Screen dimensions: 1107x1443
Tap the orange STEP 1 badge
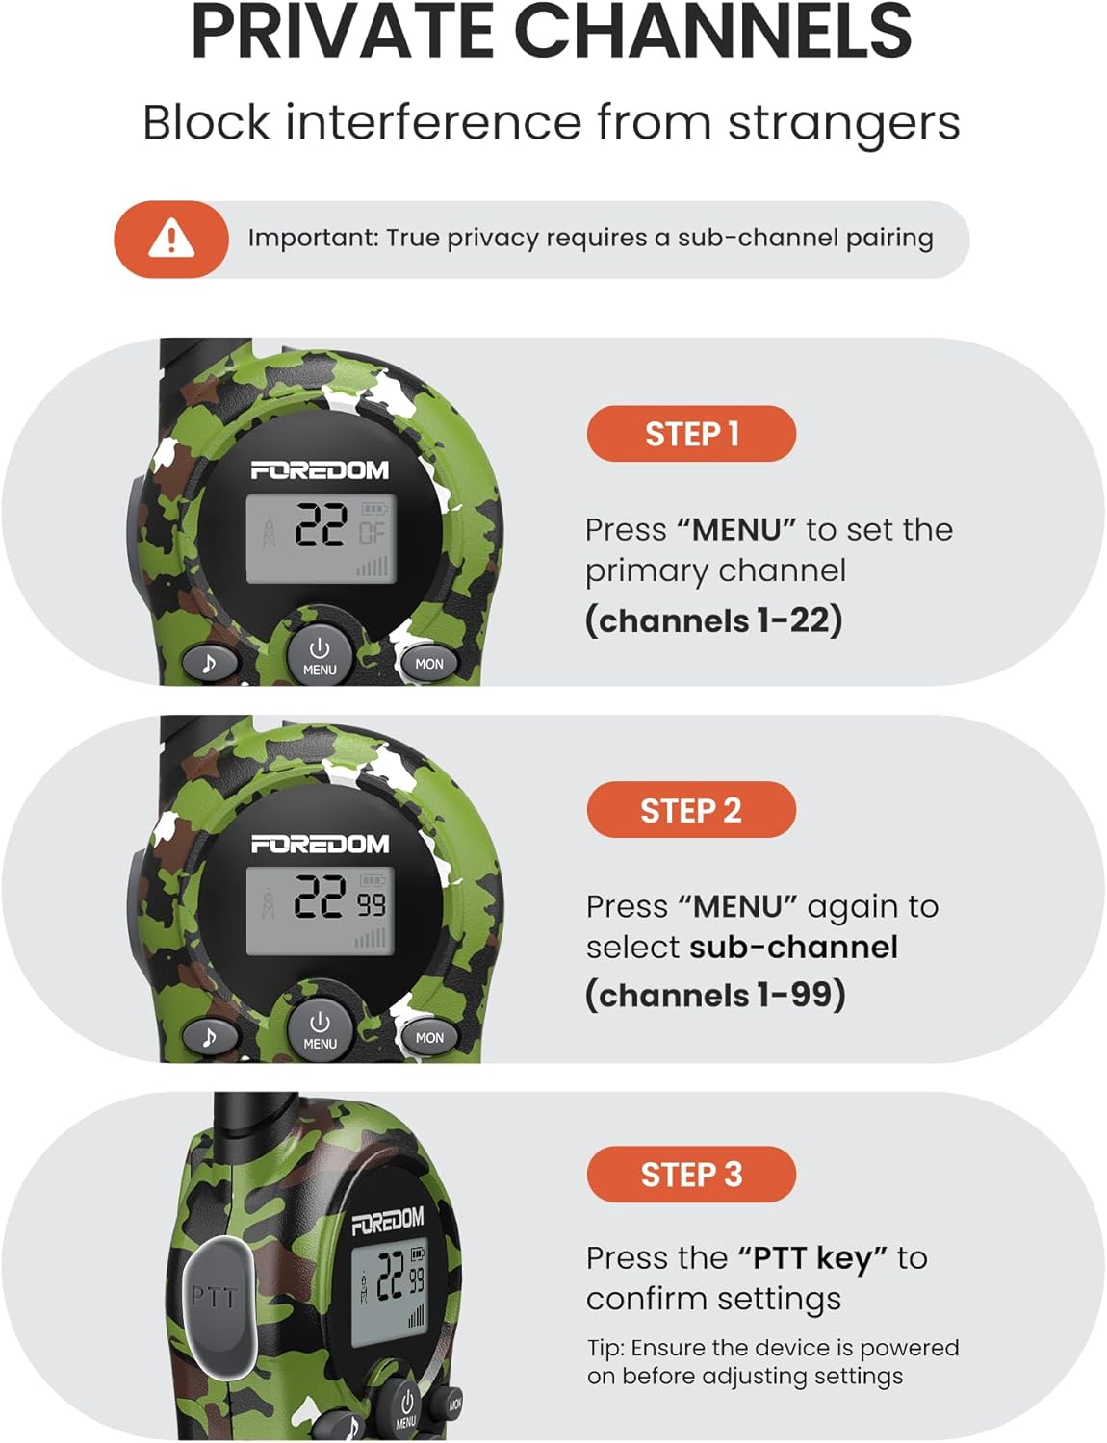click(x=691, y=434)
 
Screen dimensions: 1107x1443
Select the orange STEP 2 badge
click(x=691, y=810)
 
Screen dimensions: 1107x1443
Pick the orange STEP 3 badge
click(x=691, y=1175)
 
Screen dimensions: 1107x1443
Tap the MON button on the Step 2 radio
click(x=429, y=1038)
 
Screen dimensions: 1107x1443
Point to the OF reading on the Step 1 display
click(x=373, y=532)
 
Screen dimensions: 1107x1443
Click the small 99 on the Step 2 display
click(x=373, y=904)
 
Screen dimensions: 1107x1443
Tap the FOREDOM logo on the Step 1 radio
click(x=320, y=470)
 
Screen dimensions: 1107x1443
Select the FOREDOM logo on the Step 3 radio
click(x=388, y=1221)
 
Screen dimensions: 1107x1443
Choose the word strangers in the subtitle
click(x=844, y=124)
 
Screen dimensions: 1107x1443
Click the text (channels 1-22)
click(x=714, y=620)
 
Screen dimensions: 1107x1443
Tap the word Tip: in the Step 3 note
click(x=606, y=1349)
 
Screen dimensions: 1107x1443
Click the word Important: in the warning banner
click(x=311, y=238)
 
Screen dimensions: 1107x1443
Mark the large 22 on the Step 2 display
click(x=322, y=898)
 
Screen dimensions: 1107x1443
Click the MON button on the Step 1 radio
click(x=429, y=664)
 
